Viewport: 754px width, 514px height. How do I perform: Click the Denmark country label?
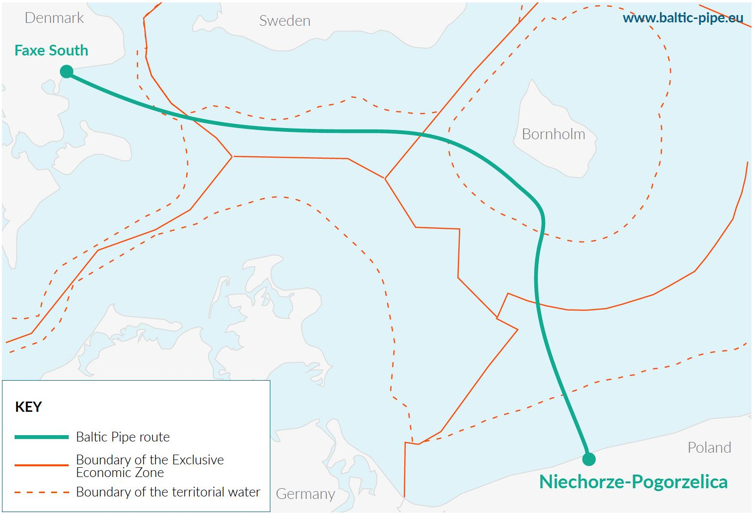click(x=54, y=18)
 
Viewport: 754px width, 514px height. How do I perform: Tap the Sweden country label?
click(x=284, y=21)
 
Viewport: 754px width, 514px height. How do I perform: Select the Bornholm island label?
click(x=553, y=134)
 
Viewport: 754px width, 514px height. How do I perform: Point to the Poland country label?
click(x=709, y=448)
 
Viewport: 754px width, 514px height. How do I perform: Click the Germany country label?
click(x=305, y=494)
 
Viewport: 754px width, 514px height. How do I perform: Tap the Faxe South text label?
click(x=51, y=51)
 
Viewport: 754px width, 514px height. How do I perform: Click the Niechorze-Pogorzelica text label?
click(x=633, y=482)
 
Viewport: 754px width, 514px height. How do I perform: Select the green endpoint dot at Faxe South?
click(x=67, y=72)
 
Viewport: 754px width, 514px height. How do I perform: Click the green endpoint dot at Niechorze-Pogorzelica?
click(x=588, y=459)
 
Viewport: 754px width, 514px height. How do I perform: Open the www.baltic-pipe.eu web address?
click(x=683, y=18)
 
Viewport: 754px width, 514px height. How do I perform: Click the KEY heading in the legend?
click(x=29, y=407)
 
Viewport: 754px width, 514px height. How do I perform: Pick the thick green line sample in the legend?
click(x=41, y=437)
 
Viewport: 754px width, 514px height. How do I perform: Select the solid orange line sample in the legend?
click(x=41, y=465)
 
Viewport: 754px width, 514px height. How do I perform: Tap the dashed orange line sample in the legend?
click(x=41, y=492)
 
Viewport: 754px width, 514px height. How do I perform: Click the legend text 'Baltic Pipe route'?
click(x=123, y=437)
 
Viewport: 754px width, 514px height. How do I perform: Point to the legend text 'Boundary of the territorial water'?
click(x=168, y=492)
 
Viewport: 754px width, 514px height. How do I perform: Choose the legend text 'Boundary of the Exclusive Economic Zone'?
click(x=150, y=466)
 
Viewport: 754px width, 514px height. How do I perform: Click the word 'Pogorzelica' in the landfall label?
click(x=680, y=482)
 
